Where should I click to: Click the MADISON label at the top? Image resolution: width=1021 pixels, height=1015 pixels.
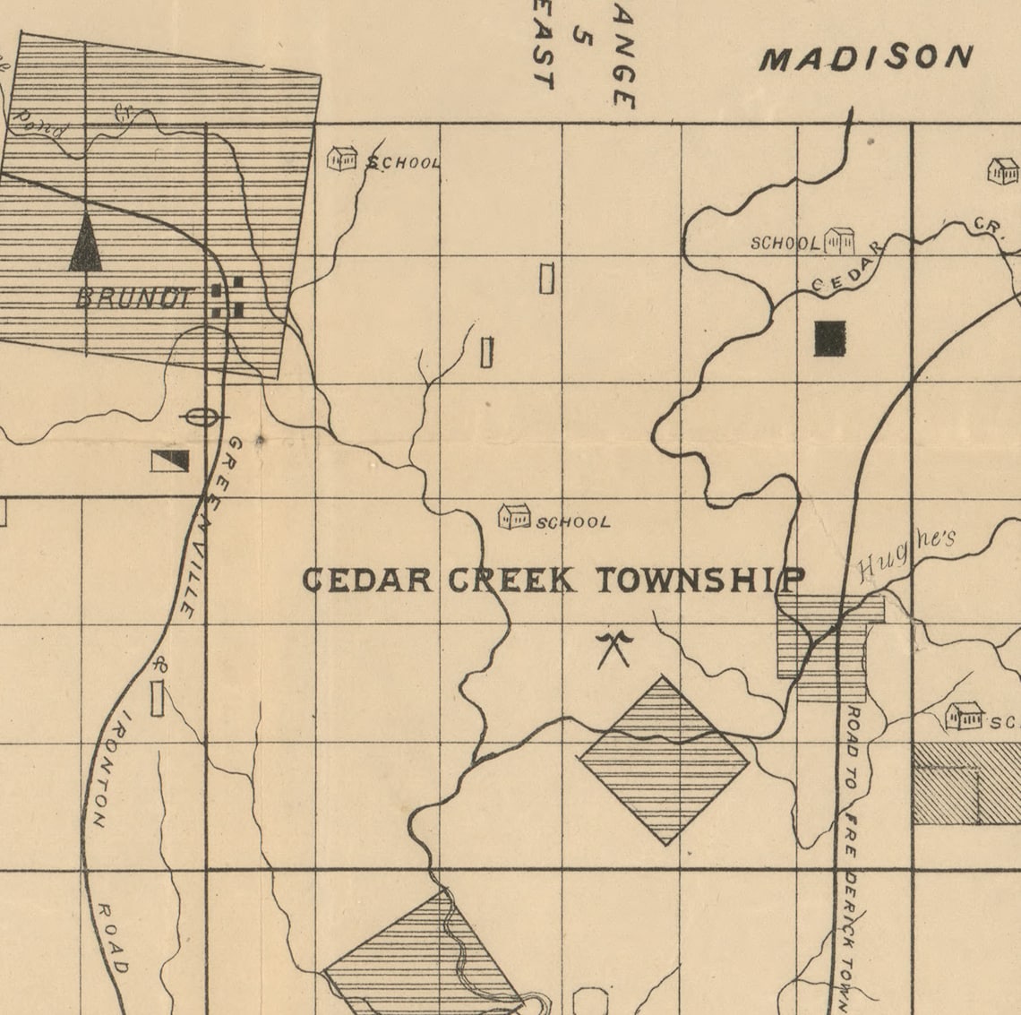coord(866,58)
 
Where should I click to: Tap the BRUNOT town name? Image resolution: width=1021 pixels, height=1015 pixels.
coord(134,298)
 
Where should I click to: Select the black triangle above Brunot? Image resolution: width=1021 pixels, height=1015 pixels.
coord(85,243)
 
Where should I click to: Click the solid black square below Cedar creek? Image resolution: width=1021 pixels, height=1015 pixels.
coord(829,339)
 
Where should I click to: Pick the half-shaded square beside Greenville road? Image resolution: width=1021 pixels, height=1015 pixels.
coord(169,460)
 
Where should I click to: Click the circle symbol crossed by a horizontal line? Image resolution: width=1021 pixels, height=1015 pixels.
coord(199,417)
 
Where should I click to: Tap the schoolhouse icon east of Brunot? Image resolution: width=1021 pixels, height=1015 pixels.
coord(342,159)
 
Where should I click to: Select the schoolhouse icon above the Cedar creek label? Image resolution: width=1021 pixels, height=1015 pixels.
coord(839,240)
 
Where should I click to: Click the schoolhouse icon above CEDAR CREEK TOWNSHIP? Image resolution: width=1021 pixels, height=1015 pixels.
coord(514,516)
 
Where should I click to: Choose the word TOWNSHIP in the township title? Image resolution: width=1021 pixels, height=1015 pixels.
coord(699,581)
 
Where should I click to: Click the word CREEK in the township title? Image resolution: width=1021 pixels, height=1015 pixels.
coord(511,581)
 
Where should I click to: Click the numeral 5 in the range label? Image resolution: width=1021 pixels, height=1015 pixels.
coord(586,39)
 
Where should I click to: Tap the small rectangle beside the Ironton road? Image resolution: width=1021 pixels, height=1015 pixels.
coord(158,698)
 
